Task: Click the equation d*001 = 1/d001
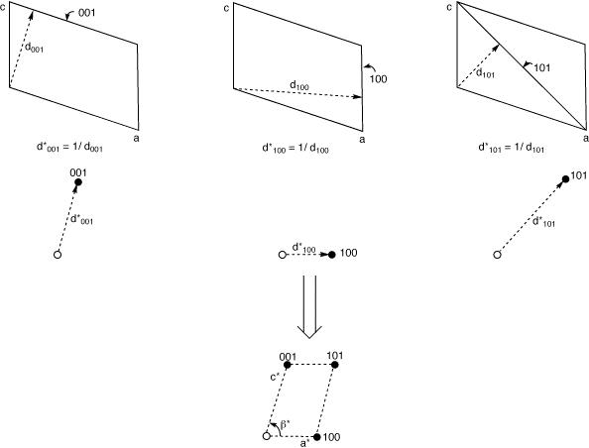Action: click(69, 148)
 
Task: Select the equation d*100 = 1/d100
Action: click(295, 149)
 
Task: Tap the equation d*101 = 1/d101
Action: click(512, 148)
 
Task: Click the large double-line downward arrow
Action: click(309, 307)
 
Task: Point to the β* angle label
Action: click(286, 425)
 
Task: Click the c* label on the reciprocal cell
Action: click(276, 376)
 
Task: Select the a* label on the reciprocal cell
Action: click(304, 443)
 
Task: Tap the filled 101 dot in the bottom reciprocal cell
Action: click(335, 365)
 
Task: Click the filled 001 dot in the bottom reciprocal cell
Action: click(288, 365)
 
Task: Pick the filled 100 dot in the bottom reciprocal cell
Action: click(317, 437)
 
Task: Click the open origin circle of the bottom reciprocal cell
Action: click(267, 436)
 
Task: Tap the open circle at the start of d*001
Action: click(58, 255)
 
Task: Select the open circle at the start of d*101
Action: click(497, 255)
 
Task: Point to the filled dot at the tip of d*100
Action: click(332, 255)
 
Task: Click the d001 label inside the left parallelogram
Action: click(34, 48)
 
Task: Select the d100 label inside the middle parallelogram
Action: click(299, 85)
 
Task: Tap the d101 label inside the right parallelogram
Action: click(485, 73)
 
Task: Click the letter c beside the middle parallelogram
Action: click(226, 8)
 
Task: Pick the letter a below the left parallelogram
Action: click(137, 138)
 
